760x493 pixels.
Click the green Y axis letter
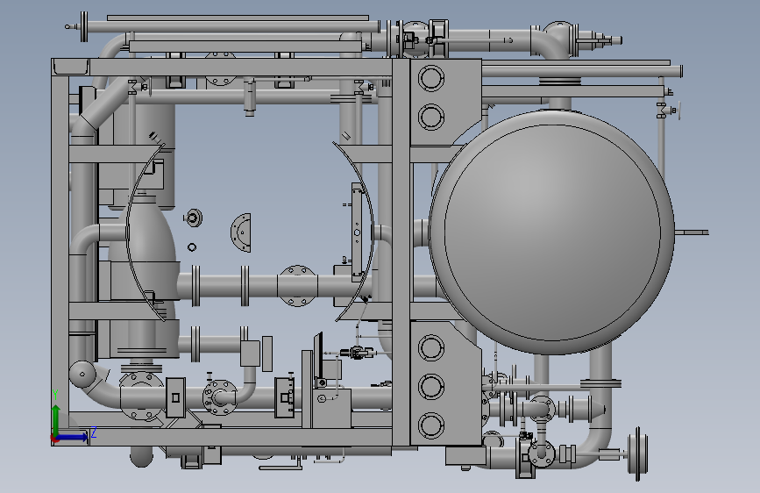(56, 394)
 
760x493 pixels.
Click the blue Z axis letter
(94, 432)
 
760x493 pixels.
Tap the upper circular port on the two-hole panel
(431, 78)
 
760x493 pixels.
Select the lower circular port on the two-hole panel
(431, 117)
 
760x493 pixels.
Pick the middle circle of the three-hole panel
(431, 386)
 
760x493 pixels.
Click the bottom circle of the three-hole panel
(431, 425)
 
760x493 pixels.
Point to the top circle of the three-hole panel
(431, 347)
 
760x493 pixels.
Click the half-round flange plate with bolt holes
(241, 232)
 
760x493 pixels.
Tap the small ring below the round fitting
(192, 247)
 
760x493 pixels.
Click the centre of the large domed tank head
(552, 232)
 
